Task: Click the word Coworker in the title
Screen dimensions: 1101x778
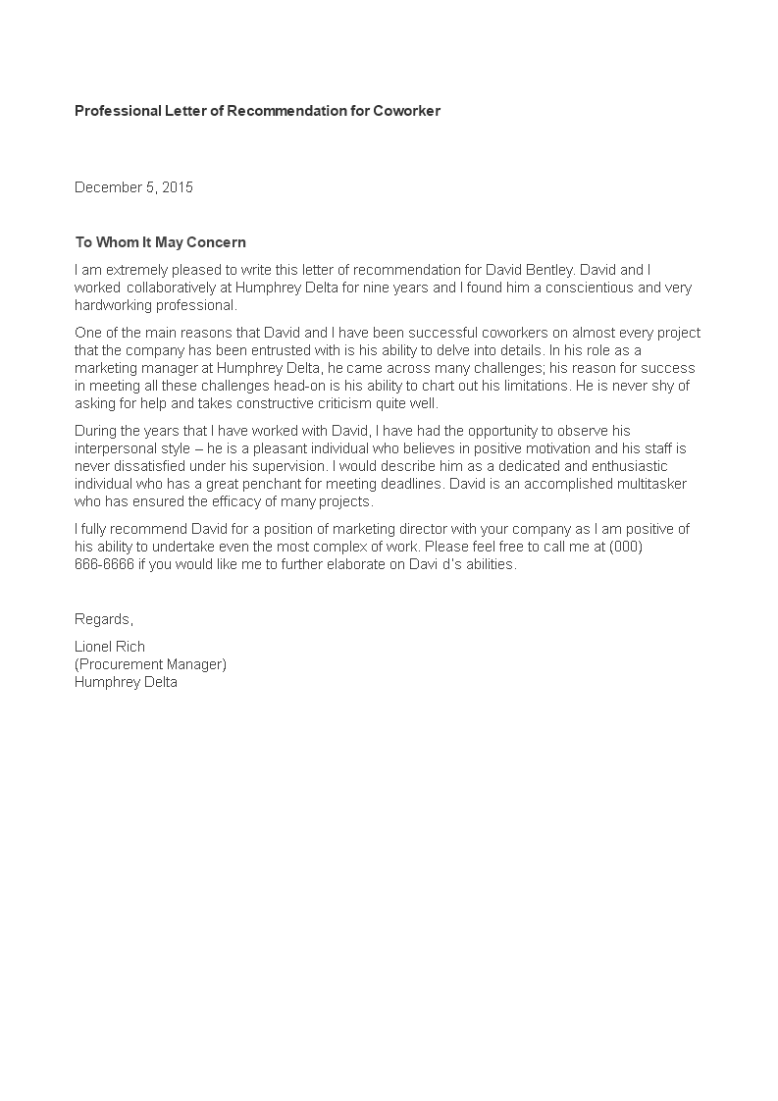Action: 406,111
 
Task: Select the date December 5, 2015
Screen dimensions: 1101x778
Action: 133,187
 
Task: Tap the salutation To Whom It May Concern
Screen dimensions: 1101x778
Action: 160,242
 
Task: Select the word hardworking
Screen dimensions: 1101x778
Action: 111,305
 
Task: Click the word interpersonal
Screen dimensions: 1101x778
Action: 119,448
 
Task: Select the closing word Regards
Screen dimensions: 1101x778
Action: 103,619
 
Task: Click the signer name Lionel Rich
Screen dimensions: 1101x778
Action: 110,647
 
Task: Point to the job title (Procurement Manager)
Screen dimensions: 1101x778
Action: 150,664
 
